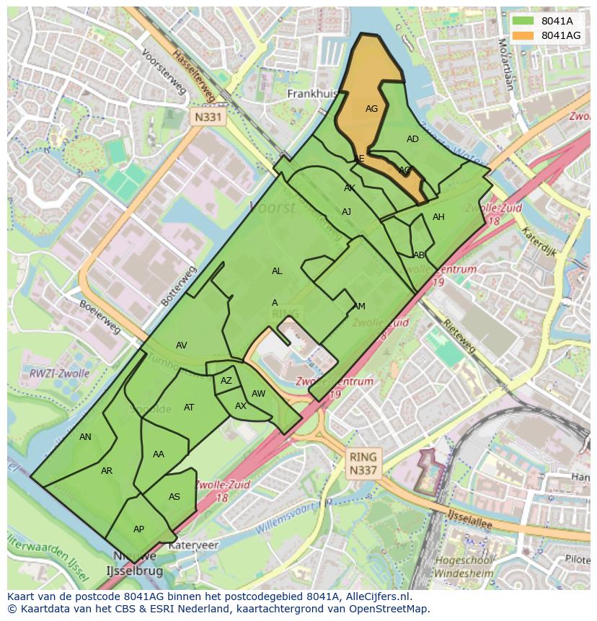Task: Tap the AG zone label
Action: point(371,109)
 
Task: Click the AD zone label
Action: point(412,139)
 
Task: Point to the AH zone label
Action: point(438,217)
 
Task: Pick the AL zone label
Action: point(277,271)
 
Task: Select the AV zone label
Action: point(182,345)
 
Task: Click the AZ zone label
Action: point(226,381)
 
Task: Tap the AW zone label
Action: point(258,394)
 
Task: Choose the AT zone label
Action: point(189,408)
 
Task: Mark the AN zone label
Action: point(85,436)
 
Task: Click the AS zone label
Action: point(174,497)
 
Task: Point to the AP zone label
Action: point(138,529)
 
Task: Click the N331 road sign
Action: point(208,116)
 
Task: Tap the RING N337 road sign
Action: point(363,464)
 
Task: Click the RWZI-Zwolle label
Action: point(59,374)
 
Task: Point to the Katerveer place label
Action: point(193,546)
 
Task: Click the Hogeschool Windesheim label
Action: point(464,567)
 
